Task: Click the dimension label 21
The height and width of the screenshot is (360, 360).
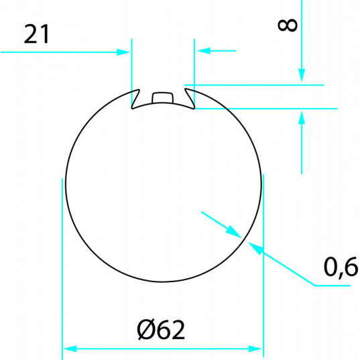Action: [36, 34]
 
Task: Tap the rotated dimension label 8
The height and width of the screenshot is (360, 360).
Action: [288, 25]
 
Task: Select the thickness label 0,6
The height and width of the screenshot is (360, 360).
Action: [341, 267]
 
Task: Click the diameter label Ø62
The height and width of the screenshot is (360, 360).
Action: [161, 330]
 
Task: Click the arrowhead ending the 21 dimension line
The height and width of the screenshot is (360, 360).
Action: [123, 52]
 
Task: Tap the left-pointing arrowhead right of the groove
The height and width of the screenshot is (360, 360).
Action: [203, 51]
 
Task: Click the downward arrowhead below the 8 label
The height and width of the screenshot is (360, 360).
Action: [302, 75]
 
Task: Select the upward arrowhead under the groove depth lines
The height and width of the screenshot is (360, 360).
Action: [302, 117]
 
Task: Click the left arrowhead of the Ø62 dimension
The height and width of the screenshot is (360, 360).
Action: [70, 349]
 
